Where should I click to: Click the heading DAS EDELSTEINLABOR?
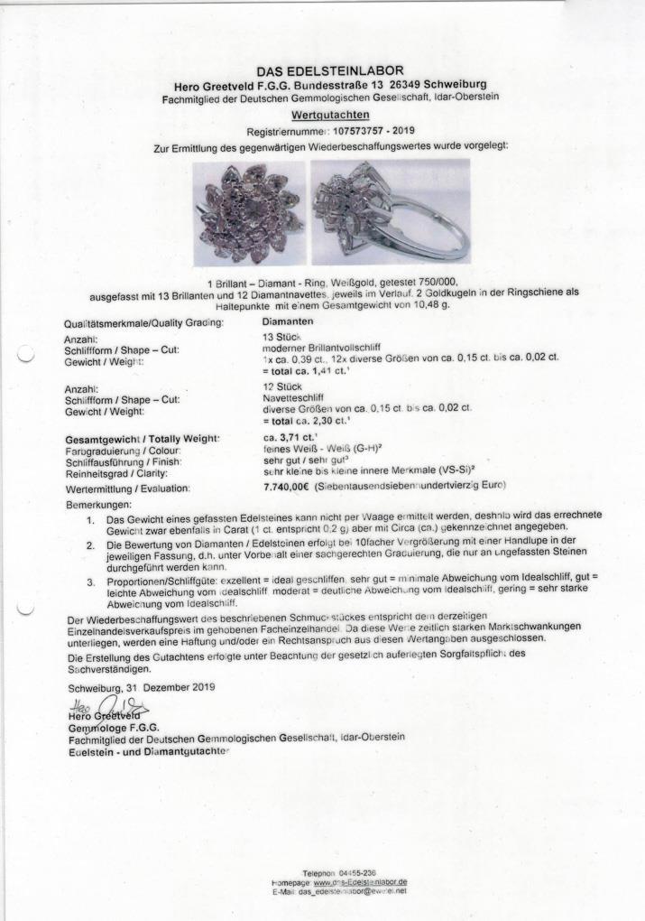click(329, 71)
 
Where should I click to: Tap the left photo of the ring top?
click(249, 212)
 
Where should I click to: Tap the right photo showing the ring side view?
click(391, 212)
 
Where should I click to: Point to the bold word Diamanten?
click(288, 321)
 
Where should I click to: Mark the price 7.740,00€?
click(284, 488)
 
